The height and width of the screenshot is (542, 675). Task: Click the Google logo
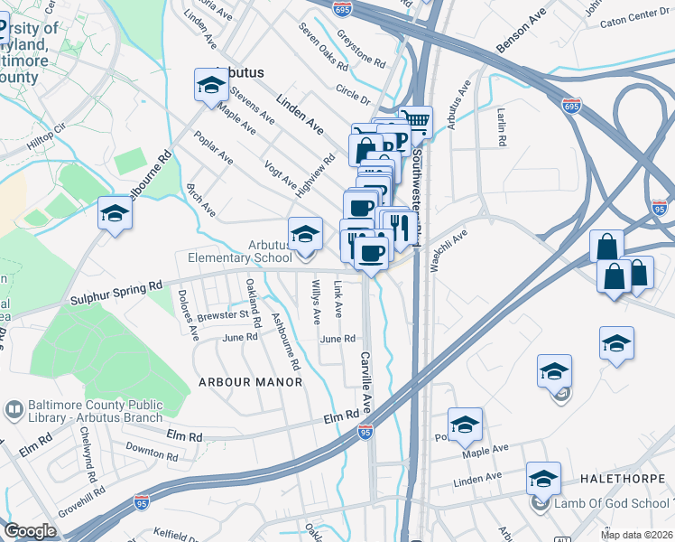click(30, 530)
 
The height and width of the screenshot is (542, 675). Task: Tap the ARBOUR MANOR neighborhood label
click(250, 382)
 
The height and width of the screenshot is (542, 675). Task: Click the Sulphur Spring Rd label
click(115, 294)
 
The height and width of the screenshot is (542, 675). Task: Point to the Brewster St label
click(224, 314)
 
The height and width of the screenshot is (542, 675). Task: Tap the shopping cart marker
click(415, 122)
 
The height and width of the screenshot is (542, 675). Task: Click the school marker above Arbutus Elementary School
click(305, 235)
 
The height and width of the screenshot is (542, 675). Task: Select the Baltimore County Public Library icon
click(14, 410)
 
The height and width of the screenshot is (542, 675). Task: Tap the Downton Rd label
click(146, 448)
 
